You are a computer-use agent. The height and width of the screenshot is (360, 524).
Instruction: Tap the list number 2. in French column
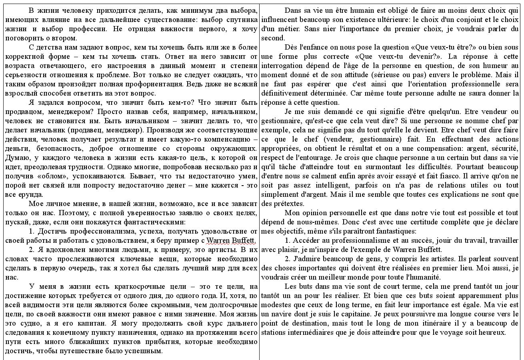[288, 259]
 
